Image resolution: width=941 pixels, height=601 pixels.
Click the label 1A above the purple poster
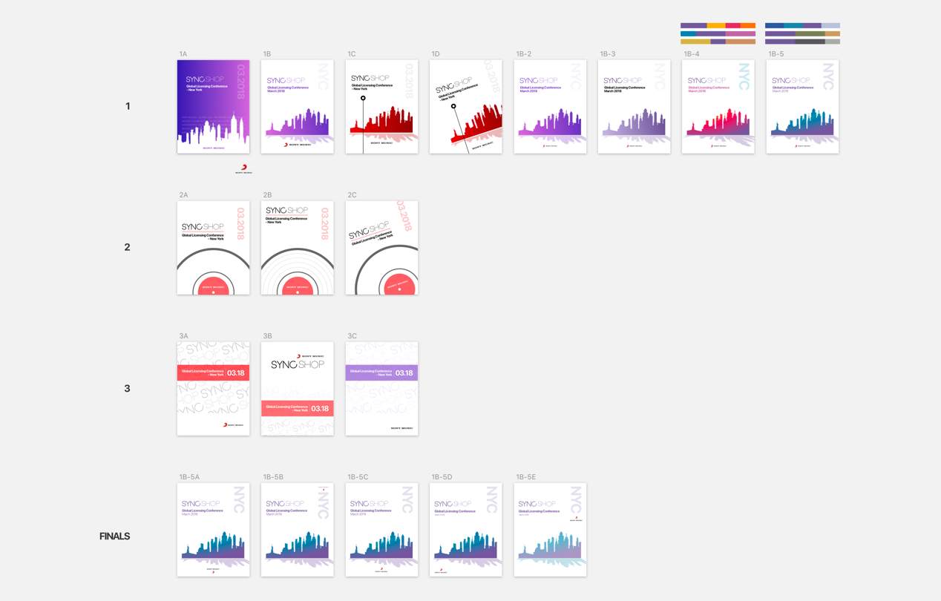183,54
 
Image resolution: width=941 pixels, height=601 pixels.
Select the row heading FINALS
114,536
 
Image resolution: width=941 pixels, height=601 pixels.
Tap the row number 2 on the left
127,247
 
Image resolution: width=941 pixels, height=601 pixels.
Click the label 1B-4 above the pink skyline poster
691,54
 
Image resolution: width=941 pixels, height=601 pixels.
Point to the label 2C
352,195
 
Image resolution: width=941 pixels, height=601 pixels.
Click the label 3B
267,336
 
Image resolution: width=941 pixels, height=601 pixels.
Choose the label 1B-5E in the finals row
525,477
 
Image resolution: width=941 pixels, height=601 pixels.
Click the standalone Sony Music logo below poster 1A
243,169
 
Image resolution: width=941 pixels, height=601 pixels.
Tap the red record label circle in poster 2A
213,286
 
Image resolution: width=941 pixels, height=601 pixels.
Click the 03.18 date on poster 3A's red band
236,373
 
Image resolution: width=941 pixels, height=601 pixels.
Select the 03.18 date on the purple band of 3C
404,373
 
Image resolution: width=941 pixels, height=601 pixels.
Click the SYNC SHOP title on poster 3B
298,365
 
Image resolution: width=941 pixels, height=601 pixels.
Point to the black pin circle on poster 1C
363,98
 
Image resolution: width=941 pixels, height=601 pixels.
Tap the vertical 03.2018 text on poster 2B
324,223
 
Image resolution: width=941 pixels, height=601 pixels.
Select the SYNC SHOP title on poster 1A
205,79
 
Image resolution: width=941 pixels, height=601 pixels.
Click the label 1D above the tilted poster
436,54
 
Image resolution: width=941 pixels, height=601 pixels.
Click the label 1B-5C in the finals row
358,477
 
